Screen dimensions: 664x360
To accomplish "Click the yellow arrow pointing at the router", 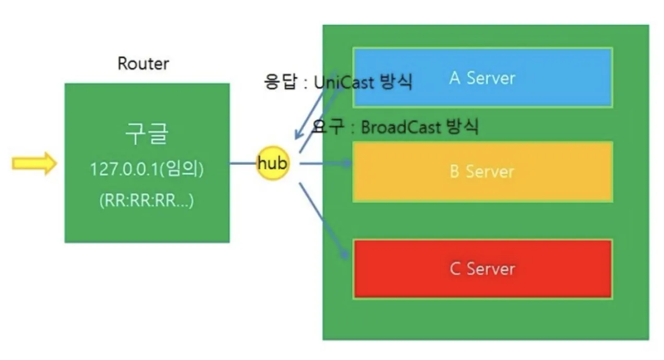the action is pos(34,163).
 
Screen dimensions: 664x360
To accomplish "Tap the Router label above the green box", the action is pos(143,64).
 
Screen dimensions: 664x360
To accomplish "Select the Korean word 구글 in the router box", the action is pos(147,134).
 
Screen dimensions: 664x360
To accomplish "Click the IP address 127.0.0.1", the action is pos(124,169).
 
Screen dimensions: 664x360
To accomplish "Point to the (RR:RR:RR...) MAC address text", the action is pos(147,200).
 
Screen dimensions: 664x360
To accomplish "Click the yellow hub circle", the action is pos(272,163).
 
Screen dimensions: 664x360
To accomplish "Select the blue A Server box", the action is pos(482,77).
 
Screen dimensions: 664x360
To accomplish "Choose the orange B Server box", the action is pos(482,172).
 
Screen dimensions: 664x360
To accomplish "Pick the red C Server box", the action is pos(482,269).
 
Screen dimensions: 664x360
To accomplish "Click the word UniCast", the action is pos(344,82).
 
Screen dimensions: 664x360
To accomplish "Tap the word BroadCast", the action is pos(401,128).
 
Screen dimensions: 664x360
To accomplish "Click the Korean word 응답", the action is pos(280,81).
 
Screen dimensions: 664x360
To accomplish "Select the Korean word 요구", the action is pos(328,126).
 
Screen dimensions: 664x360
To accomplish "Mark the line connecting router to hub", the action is pos(243,163).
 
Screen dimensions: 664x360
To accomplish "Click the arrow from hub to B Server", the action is pos(326,163).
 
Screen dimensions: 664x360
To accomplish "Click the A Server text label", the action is pos(482,78).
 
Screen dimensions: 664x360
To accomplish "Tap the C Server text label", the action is pos(482,269).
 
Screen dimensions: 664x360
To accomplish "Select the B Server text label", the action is pos(482,172).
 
